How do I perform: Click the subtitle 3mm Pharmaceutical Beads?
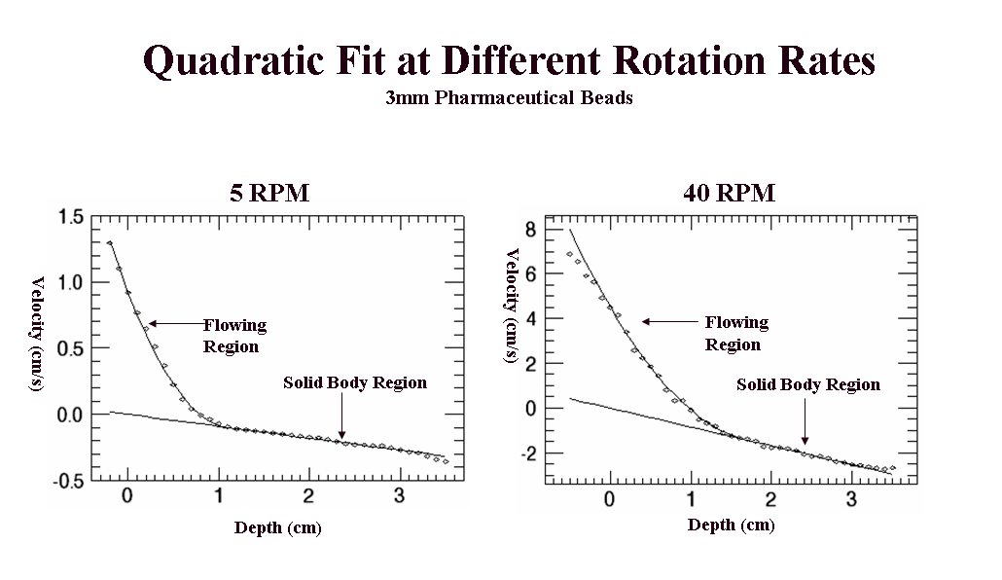(509, 98)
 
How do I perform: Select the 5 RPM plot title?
(269, 193)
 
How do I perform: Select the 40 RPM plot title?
(730, 193)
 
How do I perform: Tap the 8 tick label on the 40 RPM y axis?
(531, 230)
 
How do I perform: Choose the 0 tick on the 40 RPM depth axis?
(609, 500)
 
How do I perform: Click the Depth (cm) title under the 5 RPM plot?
(277, 528)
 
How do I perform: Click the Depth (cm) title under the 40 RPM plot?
(731, 526)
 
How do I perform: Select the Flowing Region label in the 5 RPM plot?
(233, 336)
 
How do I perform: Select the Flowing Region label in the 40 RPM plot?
(736, 333)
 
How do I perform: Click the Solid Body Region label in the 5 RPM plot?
(355, 383)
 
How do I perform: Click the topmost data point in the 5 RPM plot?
(110, 243)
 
